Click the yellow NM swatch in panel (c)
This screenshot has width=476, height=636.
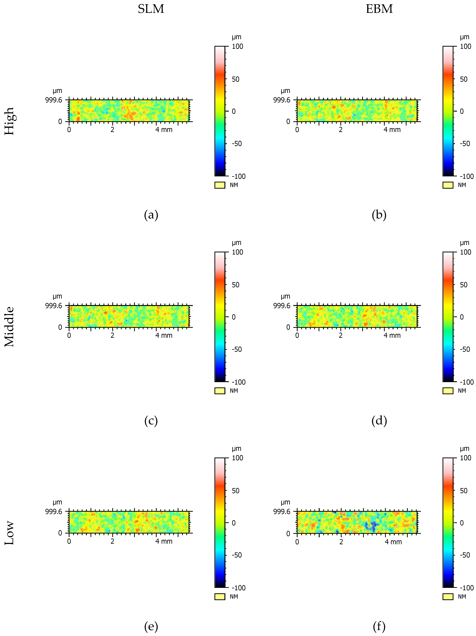coord(220,391)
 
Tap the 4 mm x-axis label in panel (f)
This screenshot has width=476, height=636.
coord(393,542)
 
